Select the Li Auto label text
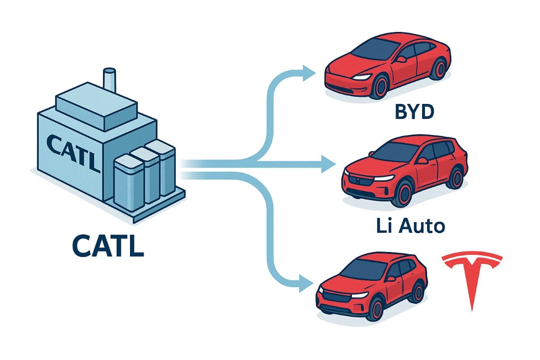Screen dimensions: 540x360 tap(410, 226)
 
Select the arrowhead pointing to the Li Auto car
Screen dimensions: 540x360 tap(328, 164)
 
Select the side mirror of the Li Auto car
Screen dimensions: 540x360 tap(423, 160)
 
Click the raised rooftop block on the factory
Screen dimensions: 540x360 tap(96, 107)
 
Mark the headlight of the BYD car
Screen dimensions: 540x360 tap(362, 77)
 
